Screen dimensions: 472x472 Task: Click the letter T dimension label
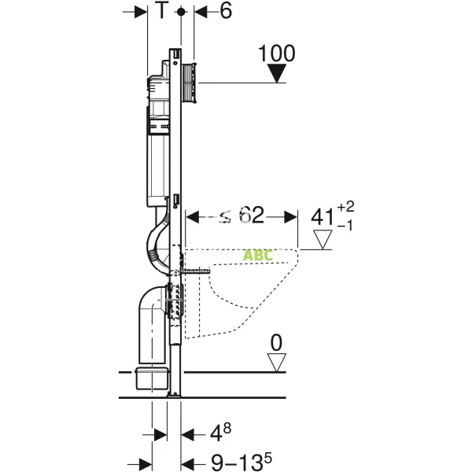point(162,12)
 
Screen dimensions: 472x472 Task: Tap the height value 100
point(277,53)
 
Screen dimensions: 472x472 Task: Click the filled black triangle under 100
point(277,74)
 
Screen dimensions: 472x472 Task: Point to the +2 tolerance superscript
point(347,206)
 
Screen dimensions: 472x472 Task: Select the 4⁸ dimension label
point(219,433)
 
